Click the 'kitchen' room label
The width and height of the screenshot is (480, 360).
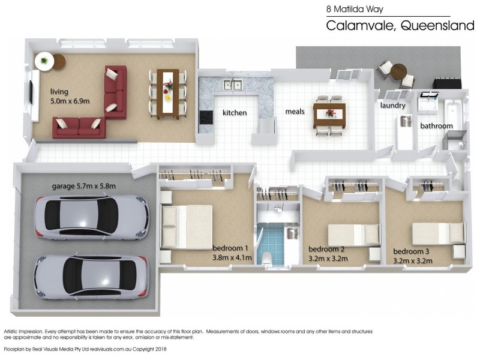tap(235, 113)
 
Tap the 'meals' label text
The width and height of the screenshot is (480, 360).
tap(295, 112)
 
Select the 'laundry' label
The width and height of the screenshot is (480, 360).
tap(393, 106)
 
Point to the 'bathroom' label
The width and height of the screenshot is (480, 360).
tap(436, 126)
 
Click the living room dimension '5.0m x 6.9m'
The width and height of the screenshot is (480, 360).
tap(70, 101)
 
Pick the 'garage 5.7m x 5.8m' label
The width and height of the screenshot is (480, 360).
tap(83, 186)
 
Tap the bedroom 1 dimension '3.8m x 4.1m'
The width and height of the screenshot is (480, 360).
tap(232, 258)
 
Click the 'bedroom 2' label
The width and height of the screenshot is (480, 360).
tap(326, 249)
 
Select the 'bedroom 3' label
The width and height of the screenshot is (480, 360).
tap(411, 251)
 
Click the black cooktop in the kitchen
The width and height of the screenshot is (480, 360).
tap(206, 117)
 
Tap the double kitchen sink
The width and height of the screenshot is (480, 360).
tap(233, 85)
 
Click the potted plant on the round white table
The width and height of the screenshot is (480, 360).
tap(44, 61)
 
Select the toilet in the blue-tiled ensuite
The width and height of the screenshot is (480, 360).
tap(267, 257)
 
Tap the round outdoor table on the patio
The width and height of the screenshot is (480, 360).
tap(398, 71)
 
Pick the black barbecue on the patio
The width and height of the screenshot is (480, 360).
tap(446, 83)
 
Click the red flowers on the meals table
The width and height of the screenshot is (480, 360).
tap(330, 113)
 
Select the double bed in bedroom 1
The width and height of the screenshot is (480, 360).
tap(187, 227)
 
